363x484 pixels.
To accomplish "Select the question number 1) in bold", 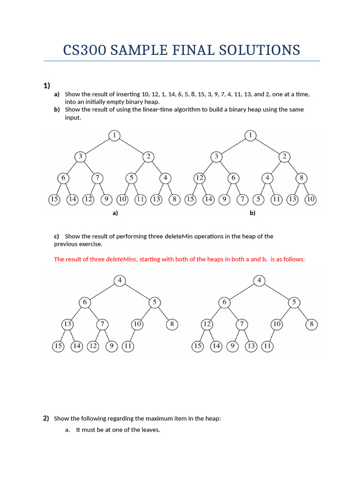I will click(x=47, y=86).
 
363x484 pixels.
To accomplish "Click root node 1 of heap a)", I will click(x=114, y=136).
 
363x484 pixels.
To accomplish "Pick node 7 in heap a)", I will click(x=97, y=178).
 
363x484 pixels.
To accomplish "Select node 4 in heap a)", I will click(x=165, y=178).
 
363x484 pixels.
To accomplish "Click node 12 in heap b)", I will click(x=199, y=178).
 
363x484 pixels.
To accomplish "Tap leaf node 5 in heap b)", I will click(x=258, y=199).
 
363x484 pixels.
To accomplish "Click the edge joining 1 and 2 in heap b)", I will click(x=268, y=146).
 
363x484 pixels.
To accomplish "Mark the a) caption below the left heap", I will click(x=115, y=213).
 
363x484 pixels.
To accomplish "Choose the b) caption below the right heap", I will click(x=252, y=213).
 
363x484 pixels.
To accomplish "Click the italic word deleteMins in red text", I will click(x=121, y=259).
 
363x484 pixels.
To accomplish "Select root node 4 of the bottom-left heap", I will click(x=120, y=280).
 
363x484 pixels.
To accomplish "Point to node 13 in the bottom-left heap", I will click(x=68, y=324).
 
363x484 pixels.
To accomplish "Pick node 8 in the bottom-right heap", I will click(x=311, y=324).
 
